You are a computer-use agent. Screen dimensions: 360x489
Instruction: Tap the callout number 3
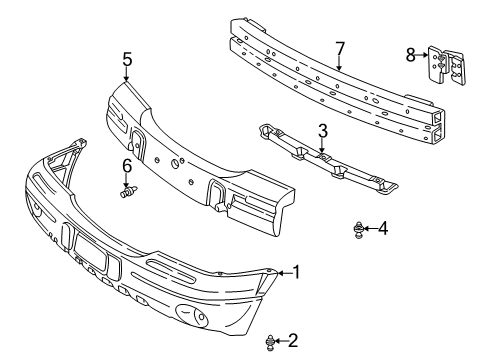322,129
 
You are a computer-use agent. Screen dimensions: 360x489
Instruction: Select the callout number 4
383,229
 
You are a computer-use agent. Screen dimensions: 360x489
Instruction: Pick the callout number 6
127,165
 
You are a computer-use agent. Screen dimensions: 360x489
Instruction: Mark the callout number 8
410,56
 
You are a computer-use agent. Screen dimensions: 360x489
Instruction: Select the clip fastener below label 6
127,194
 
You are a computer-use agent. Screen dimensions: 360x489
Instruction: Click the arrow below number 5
127,74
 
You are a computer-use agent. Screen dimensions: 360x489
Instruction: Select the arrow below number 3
322,145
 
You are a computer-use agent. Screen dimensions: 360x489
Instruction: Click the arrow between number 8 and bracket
423,57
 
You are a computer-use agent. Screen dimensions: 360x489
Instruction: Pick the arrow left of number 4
370,229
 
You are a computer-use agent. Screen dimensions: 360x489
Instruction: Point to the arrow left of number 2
280,343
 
